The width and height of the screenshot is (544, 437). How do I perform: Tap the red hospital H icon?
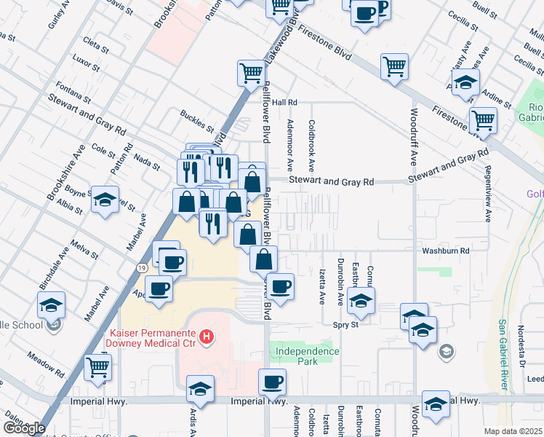208,336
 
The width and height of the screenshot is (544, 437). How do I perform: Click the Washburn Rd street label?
446,250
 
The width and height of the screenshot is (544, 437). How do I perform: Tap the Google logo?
23,428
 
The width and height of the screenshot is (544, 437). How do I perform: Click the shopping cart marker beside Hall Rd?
250,72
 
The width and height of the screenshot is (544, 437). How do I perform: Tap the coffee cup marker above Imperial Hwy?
272,381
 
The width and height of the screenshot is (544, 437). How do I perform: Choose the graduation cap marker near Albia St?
105,200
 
